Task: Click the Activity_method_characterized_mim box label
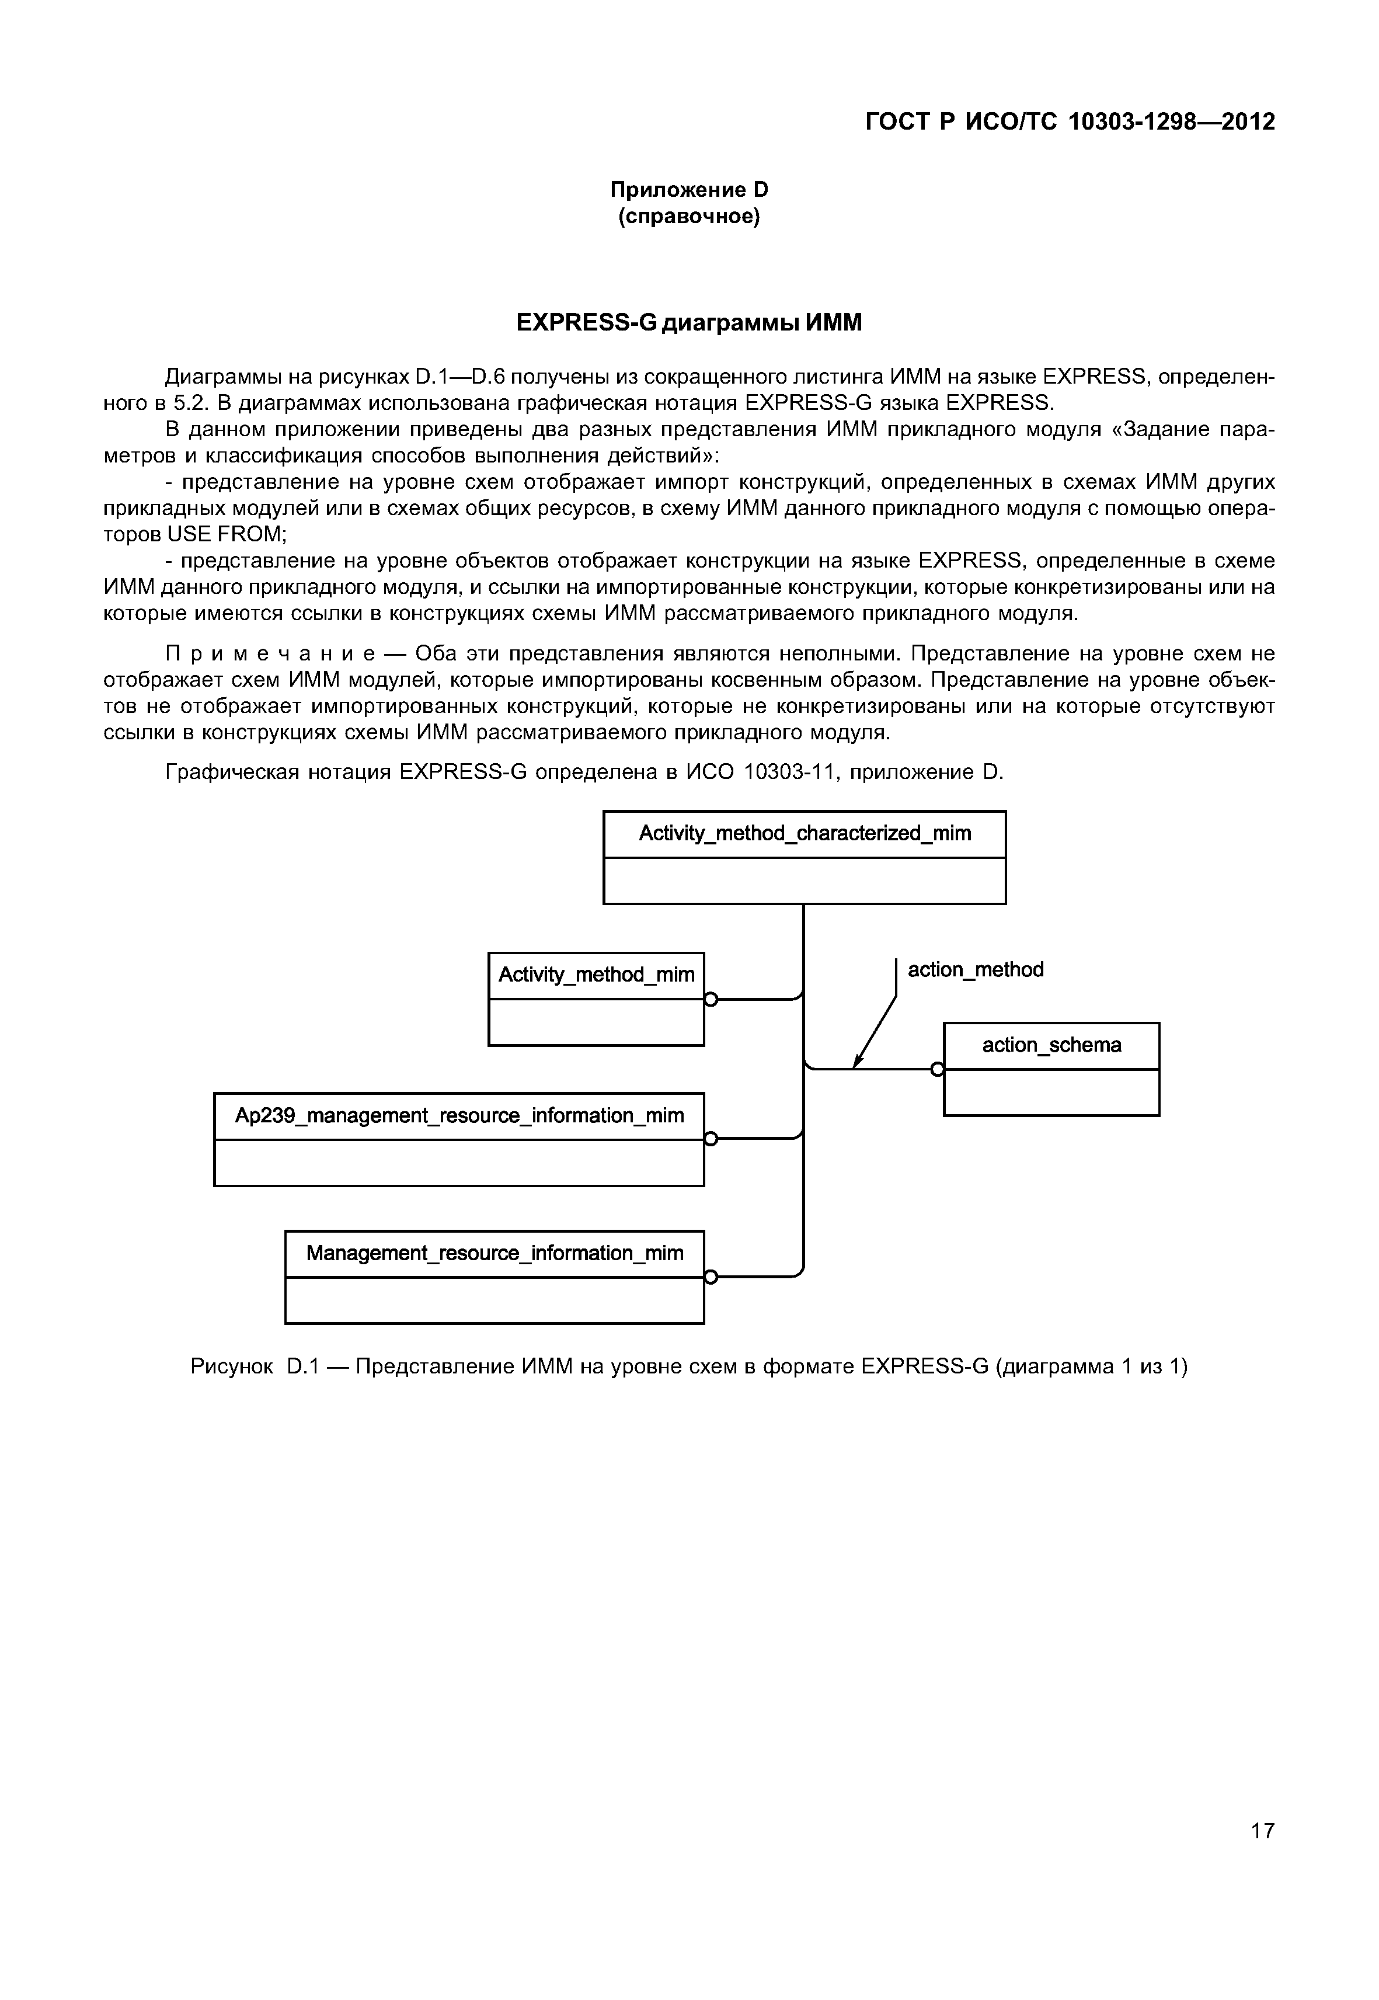point(805,833)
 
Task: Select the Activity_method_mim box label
point(596,975)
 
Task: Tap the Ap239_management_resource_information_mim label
point(459,1116)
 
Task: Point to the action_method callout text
point(976,970)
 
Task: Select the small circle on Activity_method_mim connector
point(711,1000)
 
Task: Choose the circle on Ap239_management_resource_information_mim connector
point(711,1139)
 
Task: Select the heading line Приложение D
point(689,189)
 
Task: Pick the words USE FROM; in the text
point(227,534)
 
